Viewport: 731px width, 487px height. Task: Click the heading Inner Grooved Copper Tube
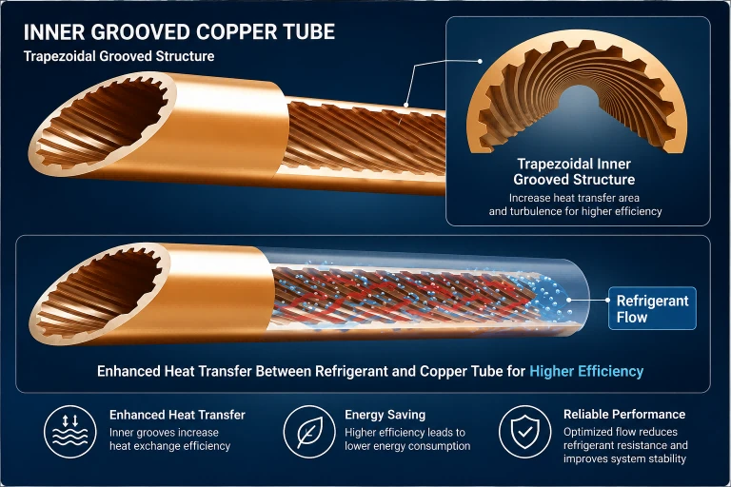pos(179,32)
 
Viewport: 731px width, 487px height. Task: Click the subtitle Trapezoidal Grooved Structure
pos(119,56)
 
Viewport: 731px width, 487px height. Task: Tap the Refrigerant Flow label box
pos(652,308)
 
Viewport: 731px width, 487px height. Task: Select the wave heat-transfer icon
pos(69,431)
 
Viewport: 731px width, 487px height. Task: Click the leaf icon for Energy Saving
pos(309,431)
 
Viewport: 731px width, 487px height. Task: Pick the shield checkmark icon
pos(525,431)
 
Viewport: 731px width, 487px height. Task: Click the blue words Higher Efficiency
pos(586,371)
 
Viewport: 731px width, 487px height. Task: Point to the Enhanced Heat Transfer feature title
pos(177,415)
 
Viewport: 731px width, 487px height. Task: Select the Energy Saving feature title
pos(385,415)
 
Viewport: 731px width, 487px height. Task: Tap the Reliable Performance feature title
pos(624,415)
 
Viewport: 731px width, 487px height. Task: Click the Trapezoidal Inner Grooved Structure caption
pos(574,171)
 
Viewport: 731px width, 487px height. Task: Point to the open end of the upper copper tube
pos(103,125)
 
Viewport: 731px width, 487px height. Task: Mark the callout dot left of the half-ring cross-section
pos(480,61)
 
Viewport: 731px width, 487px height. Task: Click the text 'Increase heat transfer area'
pos(574,198)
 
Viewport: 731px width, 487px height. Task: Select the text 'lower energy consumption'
pos(407,446)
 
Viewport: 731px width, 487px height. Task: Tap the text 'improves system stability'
pos(624,458)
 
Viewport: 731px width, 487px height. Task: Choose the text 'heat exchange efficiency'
pos(169,446)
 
